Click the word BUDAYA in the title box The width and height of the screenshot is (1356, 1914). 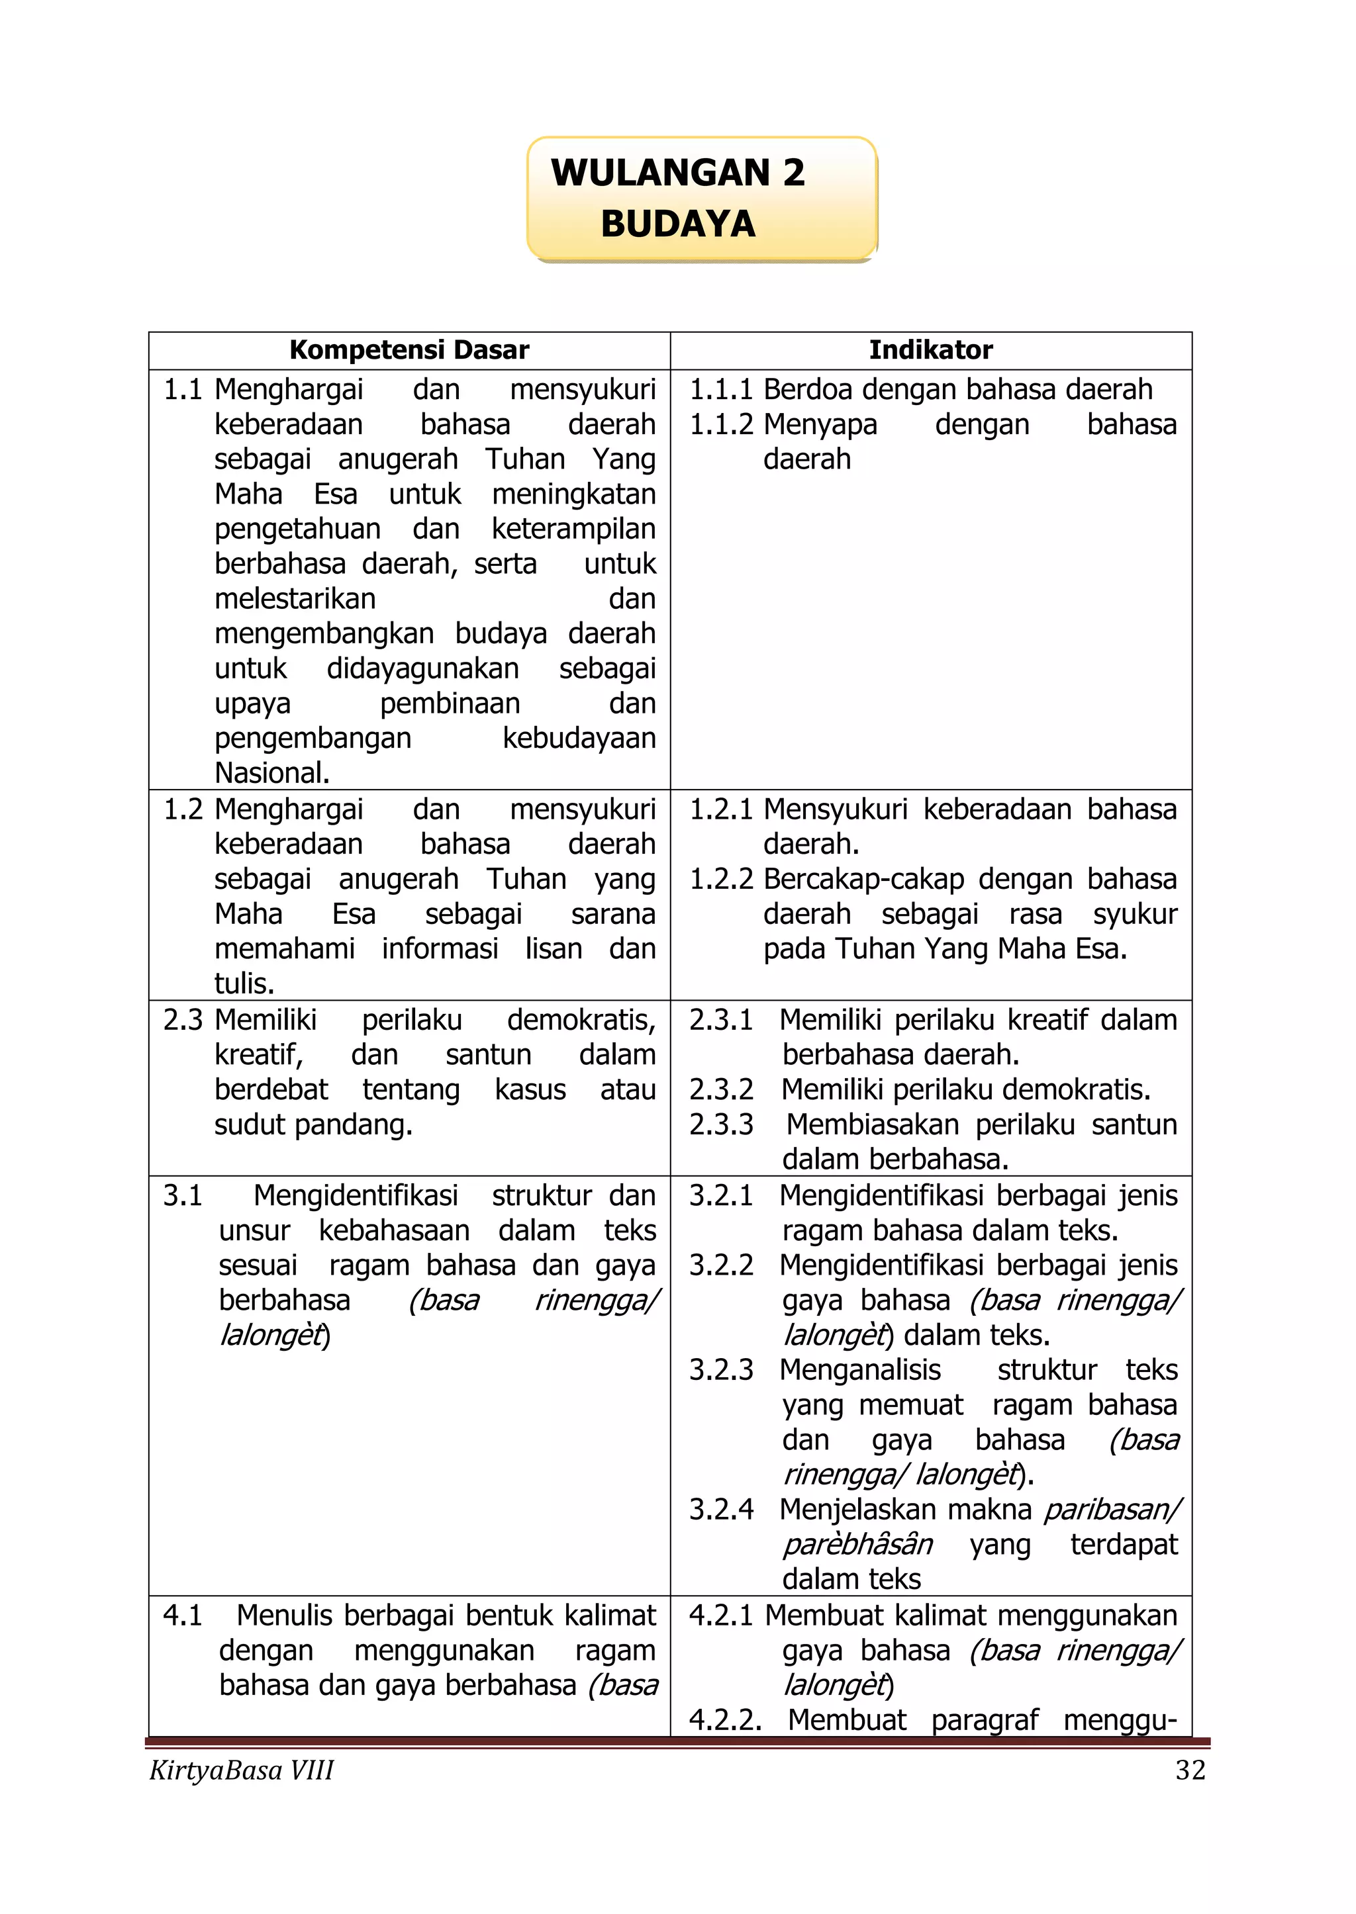678,224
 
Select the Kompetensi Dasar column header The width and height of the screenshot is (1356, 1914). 409,349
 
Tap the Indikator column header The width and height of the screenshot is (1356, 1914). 930,349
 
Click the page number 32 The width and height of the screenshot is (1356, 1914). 1190,1770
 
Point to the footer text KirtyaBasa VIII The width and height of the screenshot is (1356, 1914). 241,1770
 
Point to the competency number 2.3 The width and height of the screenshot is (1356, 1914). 183,1020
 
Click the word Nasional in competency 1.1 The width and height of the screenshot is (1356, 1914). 271,773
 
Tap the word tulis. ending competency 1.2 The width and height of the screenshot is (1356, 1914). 244,984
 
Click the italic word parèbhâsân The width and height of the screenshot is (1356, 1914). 857,1544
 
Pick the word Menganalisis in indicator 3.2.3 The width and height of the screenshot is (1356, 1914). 860,1370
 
